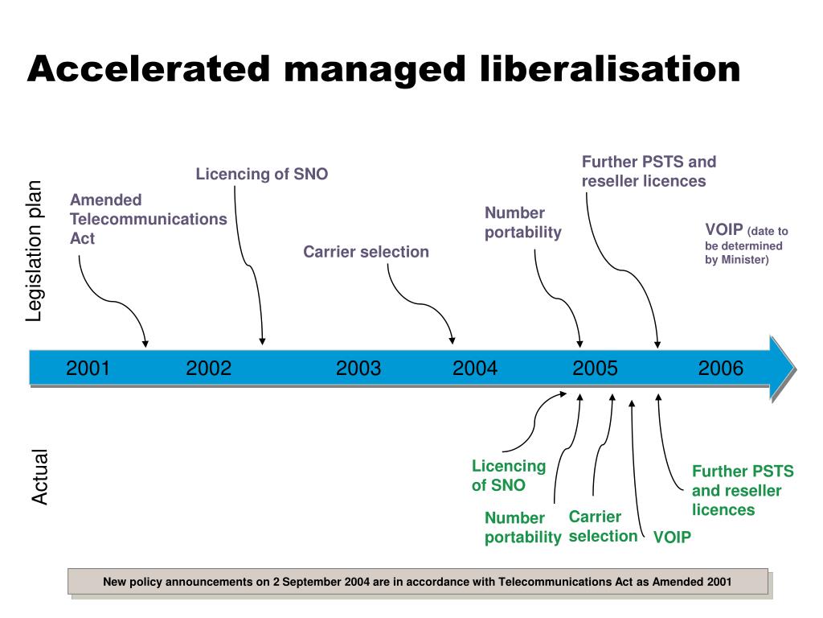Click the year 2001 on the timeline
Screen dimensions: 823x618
pos(88,369)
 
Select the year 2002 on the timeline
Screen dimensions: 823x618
pos(208,369)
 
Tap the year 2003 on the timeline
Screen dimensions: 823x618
pos(358,369)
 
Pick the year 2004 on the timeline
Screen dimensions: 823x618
pos(475,369)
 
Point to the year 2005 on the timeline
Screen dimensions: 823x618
pos(596,369)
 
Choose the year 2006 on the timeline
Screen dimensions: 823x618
pos(721,369)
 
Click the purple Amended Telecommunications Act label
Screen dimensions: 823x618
pos(148,219)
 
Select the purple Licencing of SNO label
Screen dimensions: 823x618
pos(262,174)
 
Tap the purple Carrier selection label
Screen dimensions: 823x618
pos(366,252)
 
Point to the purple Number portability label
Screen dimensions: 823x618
pos(522,223)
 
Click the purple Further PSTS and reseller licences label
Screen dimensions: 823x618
pos(648,171)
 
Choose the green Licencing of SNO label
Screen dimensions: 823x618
pos(508,476)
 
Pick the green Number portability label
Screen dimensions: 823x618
pos(522,528)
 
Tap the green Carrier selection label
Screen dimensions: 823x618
pos(603,526)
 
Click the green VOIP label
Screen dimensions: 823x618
pos(672,538)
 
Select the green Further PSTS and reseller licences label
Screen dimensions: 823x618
pos(742,491)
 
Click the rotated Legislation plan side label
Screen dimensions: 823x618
pos(35,252)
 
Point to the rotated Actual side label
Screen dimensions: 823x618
pos(40,477)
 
